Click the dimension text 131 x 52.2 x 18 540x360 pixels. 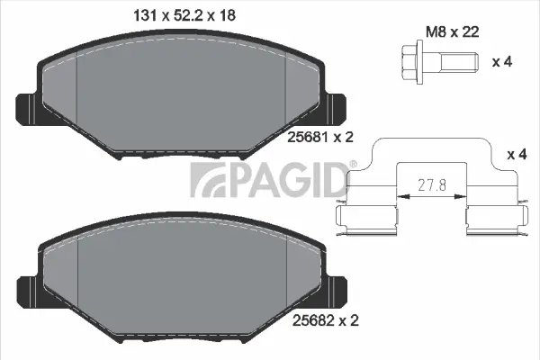177,16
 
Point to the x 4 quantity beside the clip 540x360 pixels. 517,155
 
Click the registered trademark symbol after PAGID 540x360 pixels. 352,164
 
